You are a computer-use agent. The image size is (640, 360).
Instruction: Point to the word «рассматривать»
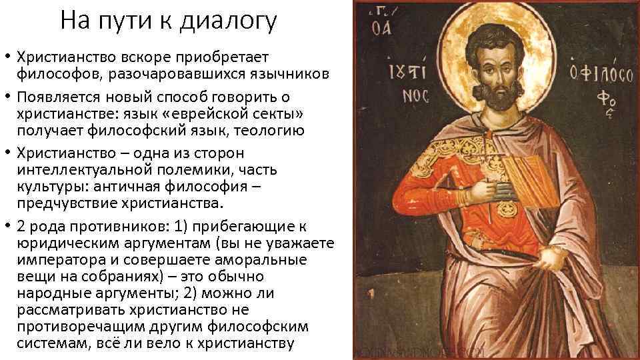coord(70,310)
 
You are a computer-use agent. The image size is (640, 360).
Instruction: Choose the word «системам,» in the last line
coord(49,345)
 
